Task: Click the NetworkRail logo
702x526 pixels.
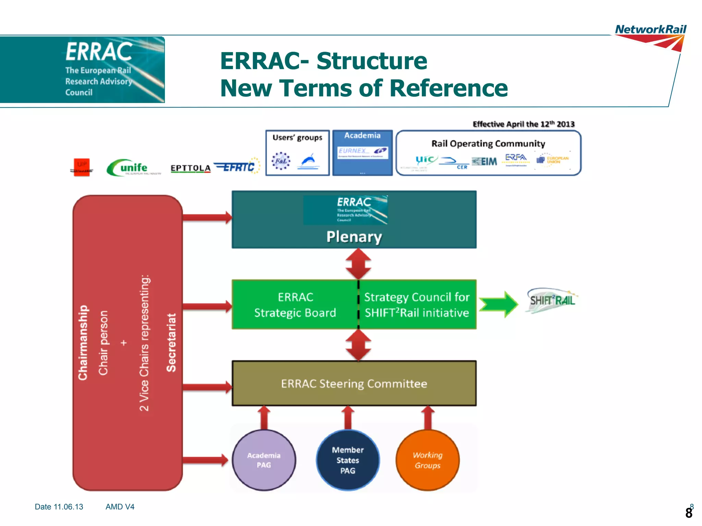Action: [650, 37]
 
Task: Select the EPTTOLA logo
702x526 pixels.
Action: [191, 168]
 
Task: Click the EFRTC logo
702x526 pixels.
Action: [237, 166]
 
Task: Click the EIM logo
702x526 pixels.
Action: [484, 161]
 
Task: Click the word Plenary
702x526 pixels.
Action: [354, 237]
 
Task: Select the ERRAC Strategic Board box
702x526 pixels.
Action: [295, 305]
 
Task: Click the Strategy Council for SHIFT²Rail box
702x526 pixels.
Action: [417, 305]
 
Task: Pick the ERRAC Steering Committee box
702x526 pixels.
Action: [354, 384]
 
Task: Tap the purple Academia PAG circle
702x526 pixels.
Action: [264, 460]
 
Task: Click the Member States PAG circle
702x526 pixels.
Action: [348, 460]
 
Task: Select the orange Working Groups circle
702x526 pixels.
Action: [427, 460]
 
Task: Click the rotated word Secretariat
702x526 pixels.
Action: [171, 342]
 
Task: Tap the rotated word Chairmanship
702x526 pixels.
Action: [83, 342]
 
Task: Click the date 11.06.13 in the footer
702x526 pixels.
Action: [68, 507]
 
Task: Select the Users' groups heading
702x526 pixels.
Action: [297, 138]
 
